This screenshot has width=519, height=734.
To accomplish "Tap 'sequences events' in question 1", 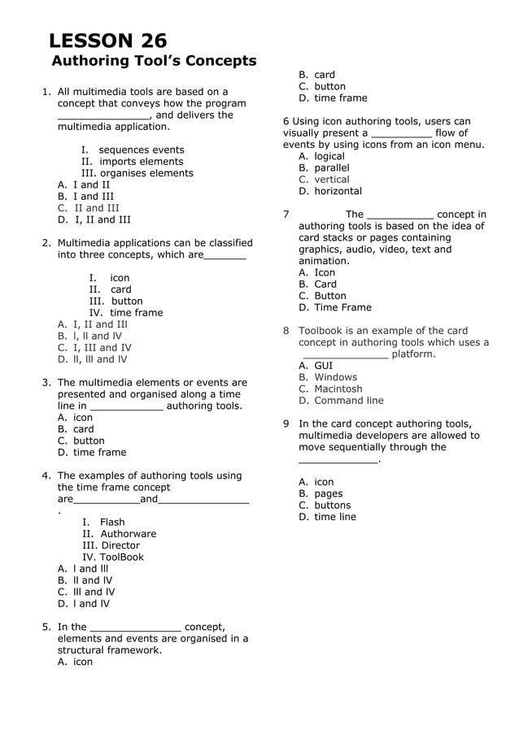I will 141,150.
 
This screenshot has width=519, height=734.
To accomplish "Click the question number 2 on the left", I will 46,243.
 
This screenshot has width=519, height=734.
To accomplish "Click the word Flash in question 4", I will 112,523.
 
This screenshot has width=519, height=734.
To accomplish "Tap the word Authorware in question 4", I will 129,534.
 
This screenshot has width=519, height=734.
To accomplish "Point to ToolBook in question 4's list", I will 122,558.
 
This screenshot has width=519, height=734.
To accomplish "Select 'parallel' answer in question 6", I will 331,168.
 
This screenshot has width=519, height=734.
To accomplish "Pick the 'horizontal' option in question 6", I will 338,191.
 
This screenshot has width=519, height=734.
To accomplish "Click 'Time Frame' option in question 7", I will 342,307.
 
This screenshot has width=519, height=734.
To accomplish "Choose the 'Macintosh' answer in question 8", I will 338,389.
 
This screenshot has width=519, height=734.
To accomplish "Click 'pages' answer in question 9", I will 328,493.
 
